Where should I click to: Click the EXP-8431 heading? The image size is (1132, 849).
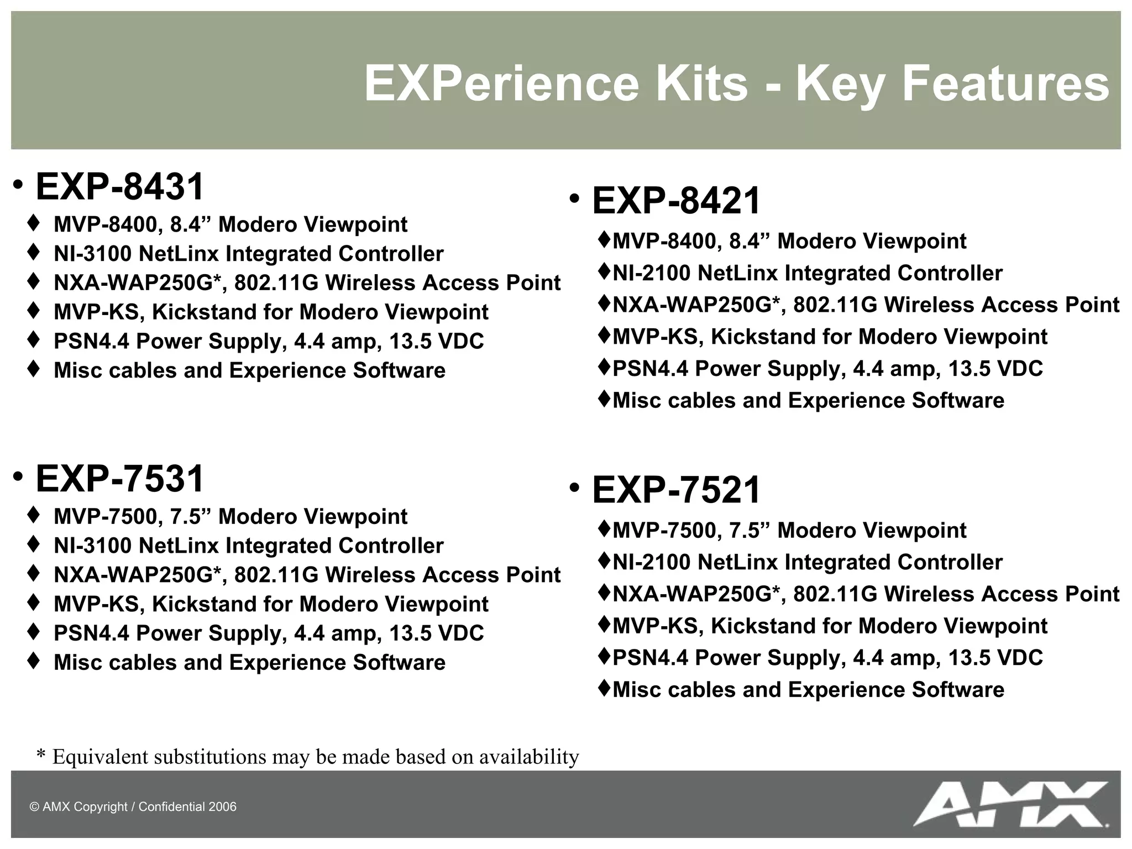[119, 187]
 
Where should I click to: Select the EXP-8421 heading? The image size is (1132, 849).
[676, 201]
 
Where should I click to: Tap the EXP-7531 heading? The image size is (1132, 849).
[119, 479]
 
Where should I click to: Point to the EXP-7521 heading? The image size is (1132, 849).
[676, 490]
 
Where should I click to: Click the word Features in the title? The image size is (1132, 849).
[1005, 84]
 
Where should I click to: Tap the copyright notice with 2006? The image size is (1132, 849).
[133, 807]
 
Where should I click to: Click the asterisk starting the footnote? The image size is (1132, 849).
[40, 756]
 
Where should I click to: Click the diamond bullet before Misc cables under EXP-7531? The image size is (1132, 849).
[33, 661]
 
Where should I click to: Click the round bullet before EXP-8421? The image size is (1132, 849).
[575, 198]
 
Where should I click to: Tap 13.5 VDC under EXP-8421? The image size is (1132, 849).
[995, 369]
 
